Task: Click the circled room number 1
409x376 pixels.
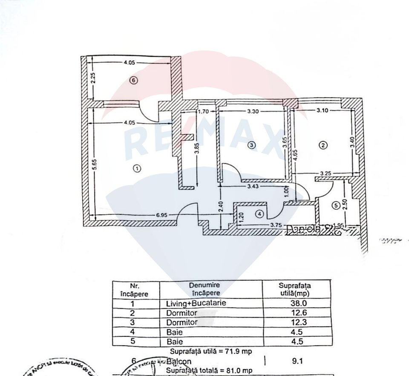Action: click(137, 168)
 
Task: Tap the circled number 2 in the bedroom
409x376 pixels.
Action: click(323, 145)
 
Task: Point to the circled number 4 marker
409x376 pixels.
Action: click(259, 215)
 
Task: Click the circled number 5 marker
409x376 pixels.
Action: click(335, 206)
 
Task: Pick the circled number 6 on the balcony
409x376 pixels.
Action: click(134, 80)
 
